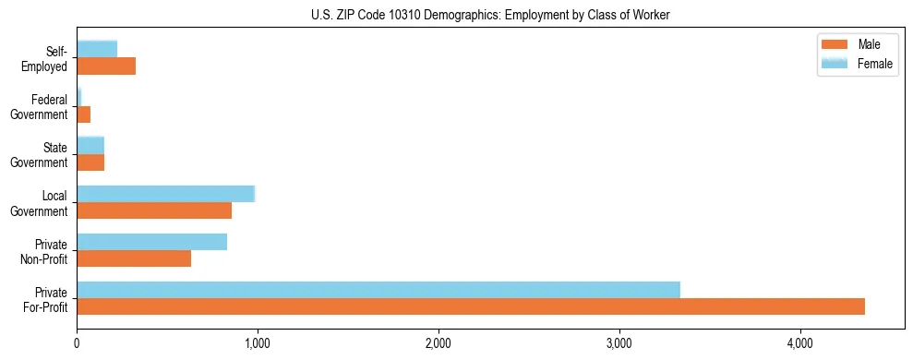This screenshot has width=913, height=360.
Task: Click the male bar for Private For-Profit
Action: pyautogui.click(x=471, y=306)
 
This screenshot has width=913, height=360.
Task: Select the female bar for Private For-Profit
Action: pyautogui.click(x=378, y=290)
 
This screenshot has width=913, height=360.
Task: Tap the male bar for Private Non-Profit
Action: pyautogui.click(x=134, y=258)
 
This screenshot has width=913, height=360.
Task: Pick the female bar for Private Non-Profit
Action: pyautogui.click(x=151, y=242)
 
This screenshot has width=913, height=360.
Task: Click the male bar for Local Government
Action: pyautogui.click(x=154, y=210)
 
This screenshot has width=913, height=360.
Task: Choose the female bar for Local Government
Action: pyautogui.click(x=166, y=194)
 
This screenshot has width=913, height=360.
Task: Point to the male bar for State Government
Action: pyautogui.click(x=90, y=162)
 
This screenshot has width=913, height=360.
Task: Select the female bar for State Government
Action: pyautogui.click(x=90, y=146)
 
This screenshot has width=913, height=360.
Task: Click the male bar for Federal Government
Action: pyautogui.click(x=84, y=114)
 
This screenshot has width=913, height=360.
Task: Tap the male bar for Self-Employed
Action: pyautogui.click(x=106, y=66)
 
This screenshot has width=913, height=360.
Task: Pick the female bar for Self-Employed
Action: pyautogui.click(x=97, y=50)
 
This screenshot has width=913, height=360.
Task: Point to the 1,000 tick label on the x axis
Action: pyautogui.click(x=258, y=343)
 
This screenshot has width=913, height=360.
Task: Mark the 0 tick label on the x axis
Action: pyautogui.click(x=77, y=343)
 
